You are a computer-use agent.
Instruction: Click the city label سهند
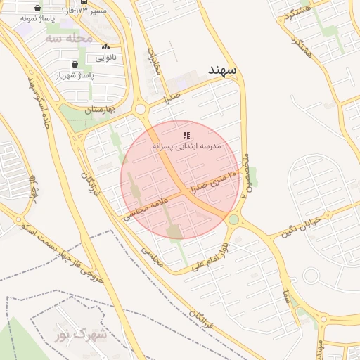click(224, 70)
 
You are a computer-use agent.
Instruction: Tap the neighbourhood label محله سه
click(68, 38)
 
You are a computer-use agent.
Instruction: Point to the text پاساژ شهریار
click(75, 74)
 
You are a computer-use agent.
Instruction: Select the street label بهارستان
click(98, 110)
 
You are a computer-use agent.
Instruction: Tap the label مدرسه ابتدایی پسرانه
click(186, 146)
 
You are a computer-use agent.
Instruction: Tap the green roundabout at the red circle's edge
click(233, 220)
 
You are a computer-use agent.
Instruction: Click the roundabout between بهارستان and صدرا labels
click(140, 109)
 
